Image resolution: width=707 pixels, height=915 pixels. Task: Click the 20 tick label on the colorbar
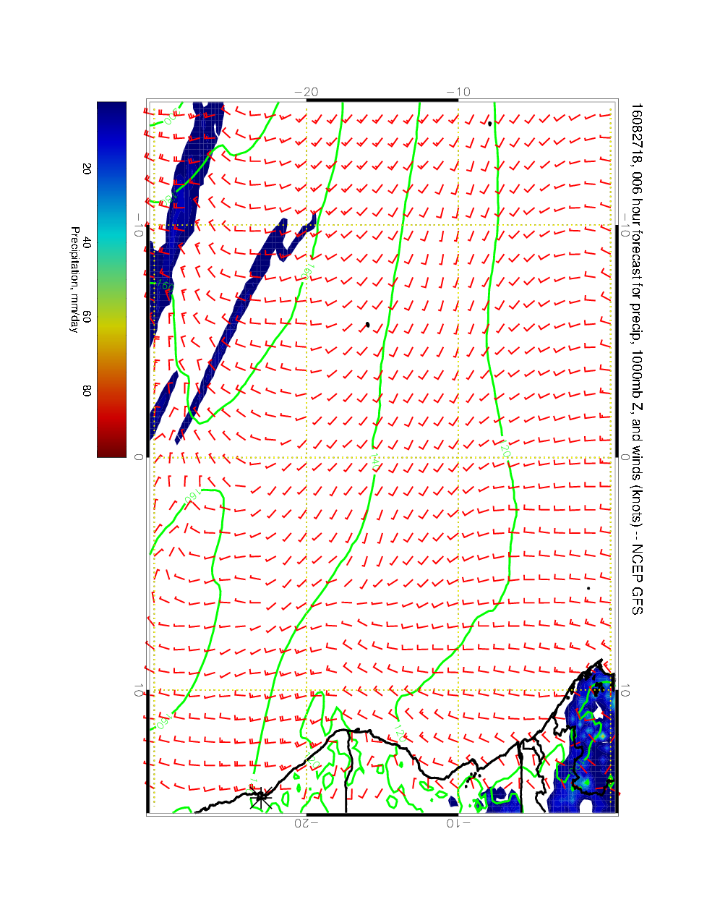coord(87,169)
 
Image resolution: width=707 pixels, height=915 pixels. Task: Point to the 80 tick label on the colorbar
coord(87,391)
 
